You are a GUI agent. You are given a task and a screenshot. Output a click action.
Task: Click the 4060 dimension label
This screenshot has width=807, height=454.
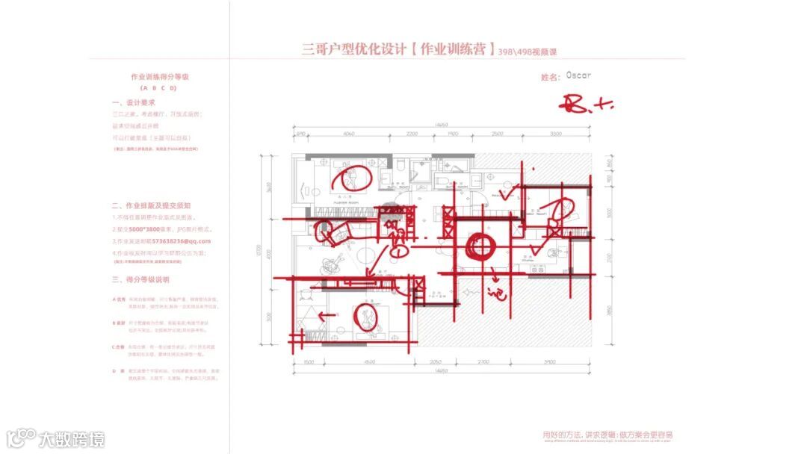tap(347, 134)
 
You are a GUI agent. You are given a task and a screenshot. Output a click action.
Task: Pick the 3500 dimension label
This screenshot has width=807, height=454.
tap(554, 134)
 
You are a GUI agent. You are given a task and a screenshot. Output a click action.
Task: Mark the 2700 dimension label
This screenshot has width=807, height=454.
tap(483, 361)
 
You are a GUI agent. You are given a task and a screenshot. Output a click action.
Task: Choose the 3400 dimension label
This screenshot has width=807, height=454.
tap(549, 361)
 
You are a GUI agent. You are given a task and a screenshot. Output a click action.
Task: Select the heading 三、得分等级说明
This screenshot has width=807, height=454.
tap(140, 279)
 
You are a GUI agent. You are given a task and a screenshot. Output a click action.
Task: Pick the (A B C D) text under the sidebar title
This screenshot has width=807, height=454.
tap(158, 87)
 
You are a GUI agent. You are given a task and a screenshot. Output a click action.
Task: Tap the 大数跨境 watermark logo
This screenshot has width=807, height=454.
tap(57, 438)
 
